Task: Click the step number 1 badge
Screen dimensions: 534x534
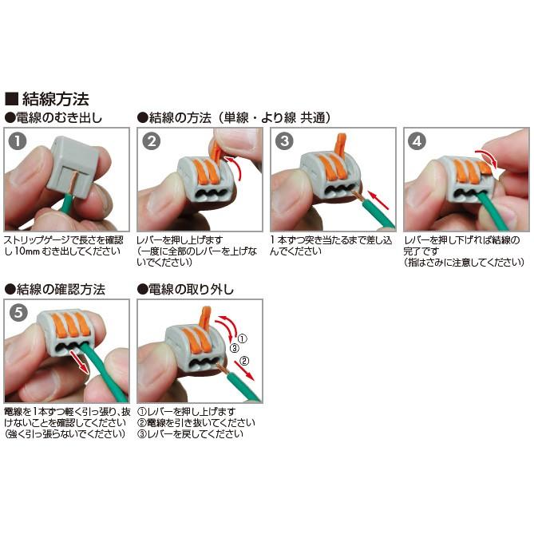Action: coord(18,142)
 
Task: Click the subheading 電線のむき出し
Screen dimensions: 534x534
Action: coord(64,117)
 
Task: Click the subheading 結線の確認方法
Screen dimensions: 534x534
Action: coord(60,288)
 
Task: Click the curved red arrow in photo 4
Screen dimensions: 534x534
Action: coord(484,157)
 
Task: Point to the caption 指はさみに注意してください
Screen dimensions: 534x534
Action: coord(467,261)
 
